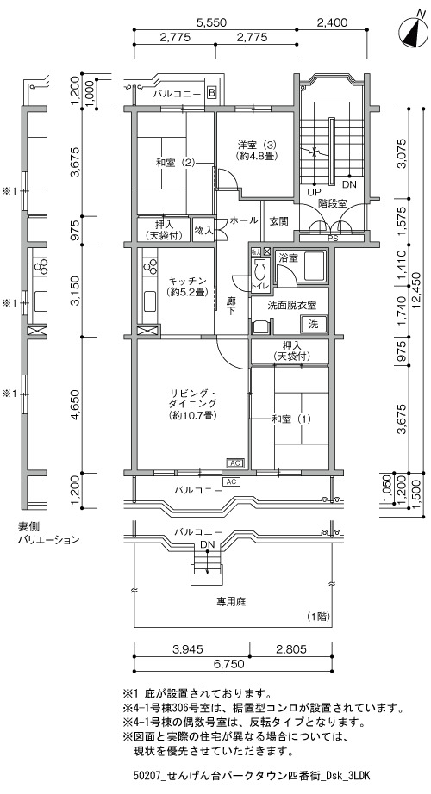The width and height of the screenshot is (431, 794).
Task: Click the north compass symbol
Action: point(413,33)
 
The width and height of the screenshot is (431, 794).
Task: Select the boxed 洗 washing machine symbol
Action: point(314,324)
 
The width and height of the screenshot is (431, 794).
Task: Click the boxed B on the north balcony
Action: point(212,93)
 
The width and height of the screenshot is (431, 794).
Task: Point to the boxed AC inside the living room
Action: point(236,462)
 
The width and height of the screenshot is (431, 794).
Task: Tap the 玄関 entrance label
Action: point(278,220)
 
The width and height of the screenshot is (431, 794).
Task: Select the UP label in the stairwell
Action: point(315,192)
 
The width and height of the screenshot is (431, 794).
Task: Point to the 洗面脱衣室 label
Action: point(292,306)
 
